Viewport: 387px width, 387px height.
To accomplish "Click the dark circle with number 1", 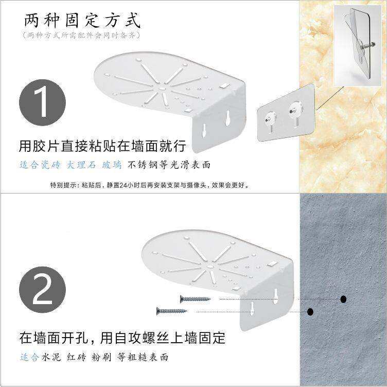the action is pos(42,102).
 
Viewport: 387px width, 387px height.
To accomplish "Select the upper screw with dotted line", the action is pos(195,299).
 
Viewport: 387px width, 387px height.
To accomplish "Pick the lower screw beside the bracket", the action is pos(172,311).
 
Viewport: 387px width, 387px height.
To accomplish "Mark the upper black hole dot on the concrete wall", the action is pos(343,300).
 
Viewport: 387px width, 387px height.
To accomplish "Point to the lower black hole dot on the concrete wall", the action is pos(310,312).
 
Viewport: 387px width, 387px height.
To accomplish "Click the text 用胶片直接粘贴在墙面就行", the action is pos(102,146).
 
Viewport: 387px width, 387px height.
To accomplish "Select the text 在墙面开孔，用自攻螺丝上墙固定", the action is pos(122,338).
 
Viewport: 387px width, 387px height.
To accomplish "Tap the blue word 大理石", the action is pos(81,165).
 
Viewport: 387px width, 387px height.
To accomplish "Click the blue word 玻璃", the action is pos(112,165).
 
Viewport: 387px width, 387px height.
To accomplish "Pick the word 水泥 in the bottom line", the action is pos(51,357).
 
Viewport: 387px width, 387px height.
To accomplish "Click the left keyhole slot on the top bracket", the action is pos(204,130).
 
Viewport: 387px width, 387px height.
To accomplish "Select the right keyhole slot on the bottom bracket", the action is pos(275,296).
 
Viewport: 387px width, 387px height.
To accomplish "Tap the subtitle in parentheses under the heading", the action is pos(81,36).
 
